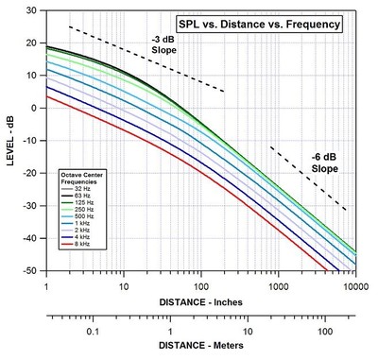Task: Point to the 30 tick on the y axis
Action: tap(34, 9)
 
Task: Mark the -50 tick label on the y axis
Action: tap(31, 270)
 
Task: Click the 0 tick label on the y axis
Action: tap(37, 108)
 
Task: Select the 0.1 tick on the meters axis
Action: tap(92, 332)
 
